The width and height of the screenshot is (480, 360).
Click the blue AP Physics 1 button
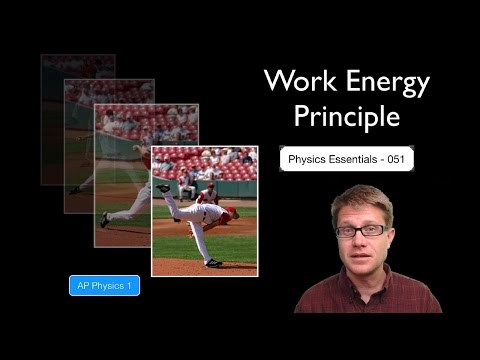pos(104,287)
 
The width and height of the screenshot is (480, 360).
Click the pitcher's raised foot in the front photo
pos(163,187)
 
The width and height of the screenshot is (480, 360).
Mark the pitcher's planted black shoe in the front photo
pos(212,263)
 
